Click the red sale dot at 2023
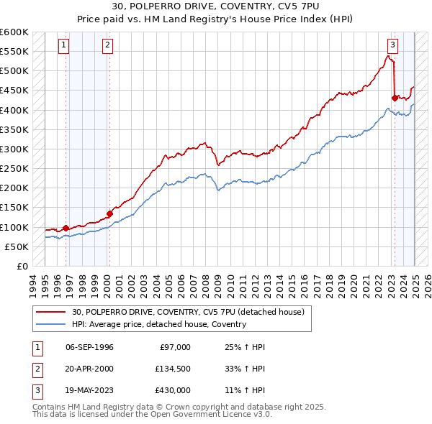click(395, 98)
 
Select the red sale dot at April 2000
click(109, 213)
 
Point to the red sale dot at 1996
click(66, 228)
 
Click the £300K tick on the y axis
click(14, 149)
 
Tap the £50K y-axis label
click(17, 246)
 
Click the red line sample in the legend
click(51, 312)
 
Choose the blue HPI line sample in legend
click(51, 324)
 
